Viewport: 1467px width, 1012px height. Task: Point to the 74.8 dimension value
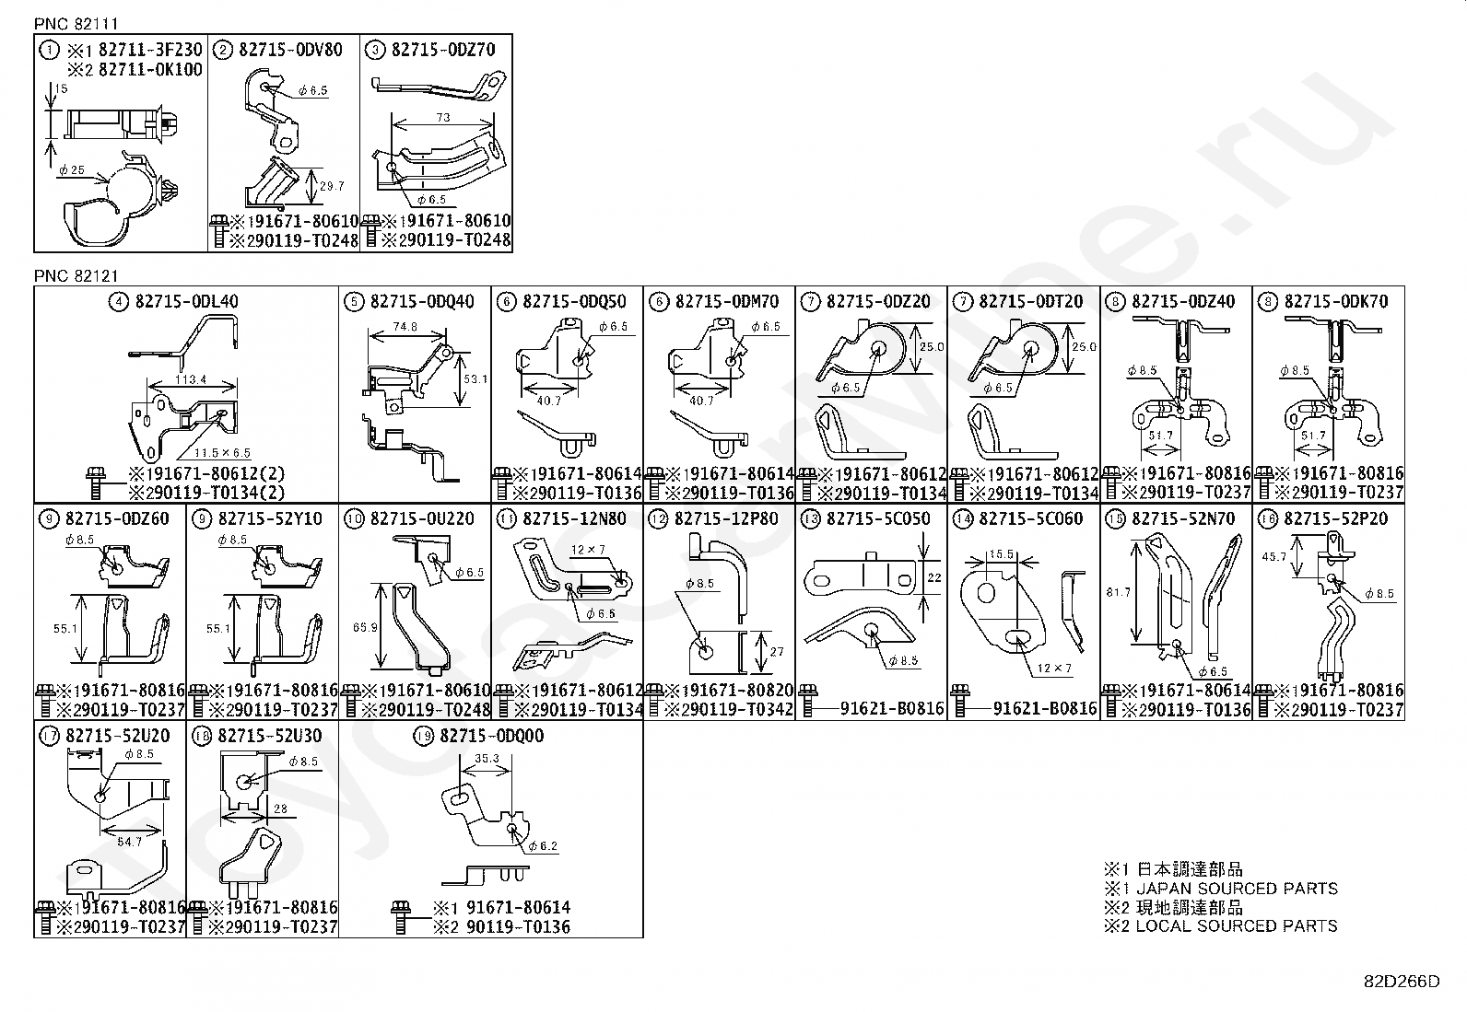coord(405,327)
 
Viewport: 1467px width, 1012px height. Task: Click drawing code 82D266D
coord(1401,981)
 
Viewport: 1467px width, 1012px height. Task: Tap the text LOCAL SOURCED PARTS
coord(1236,926)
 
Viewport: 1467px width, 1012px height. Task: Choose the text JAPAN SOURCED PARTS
coord(1236,889)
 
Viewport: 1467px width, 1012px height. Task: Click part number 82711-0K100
coord(150,70)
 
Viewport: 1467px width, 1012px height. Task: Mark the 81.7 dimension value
coord(1118,592)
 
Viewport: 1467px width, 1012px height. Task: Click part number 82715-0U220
coord(422,518)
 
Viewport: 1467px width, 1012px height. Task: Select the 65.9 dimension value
coord(365,627)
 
